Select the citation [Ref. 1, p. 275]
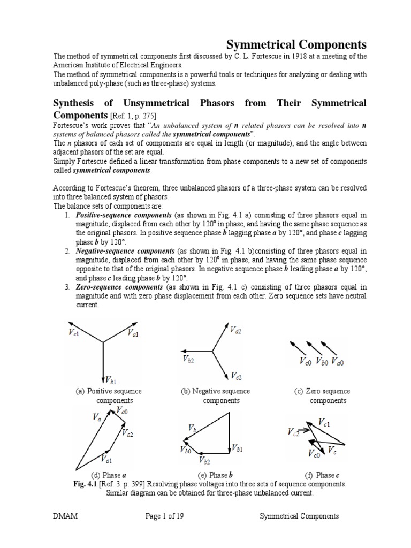click(134, 115)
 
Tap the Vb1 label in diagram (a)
click(110, 380)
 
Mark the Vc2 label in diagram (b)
click(237, 375)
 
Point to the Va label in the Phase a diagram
click(97, 417)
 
